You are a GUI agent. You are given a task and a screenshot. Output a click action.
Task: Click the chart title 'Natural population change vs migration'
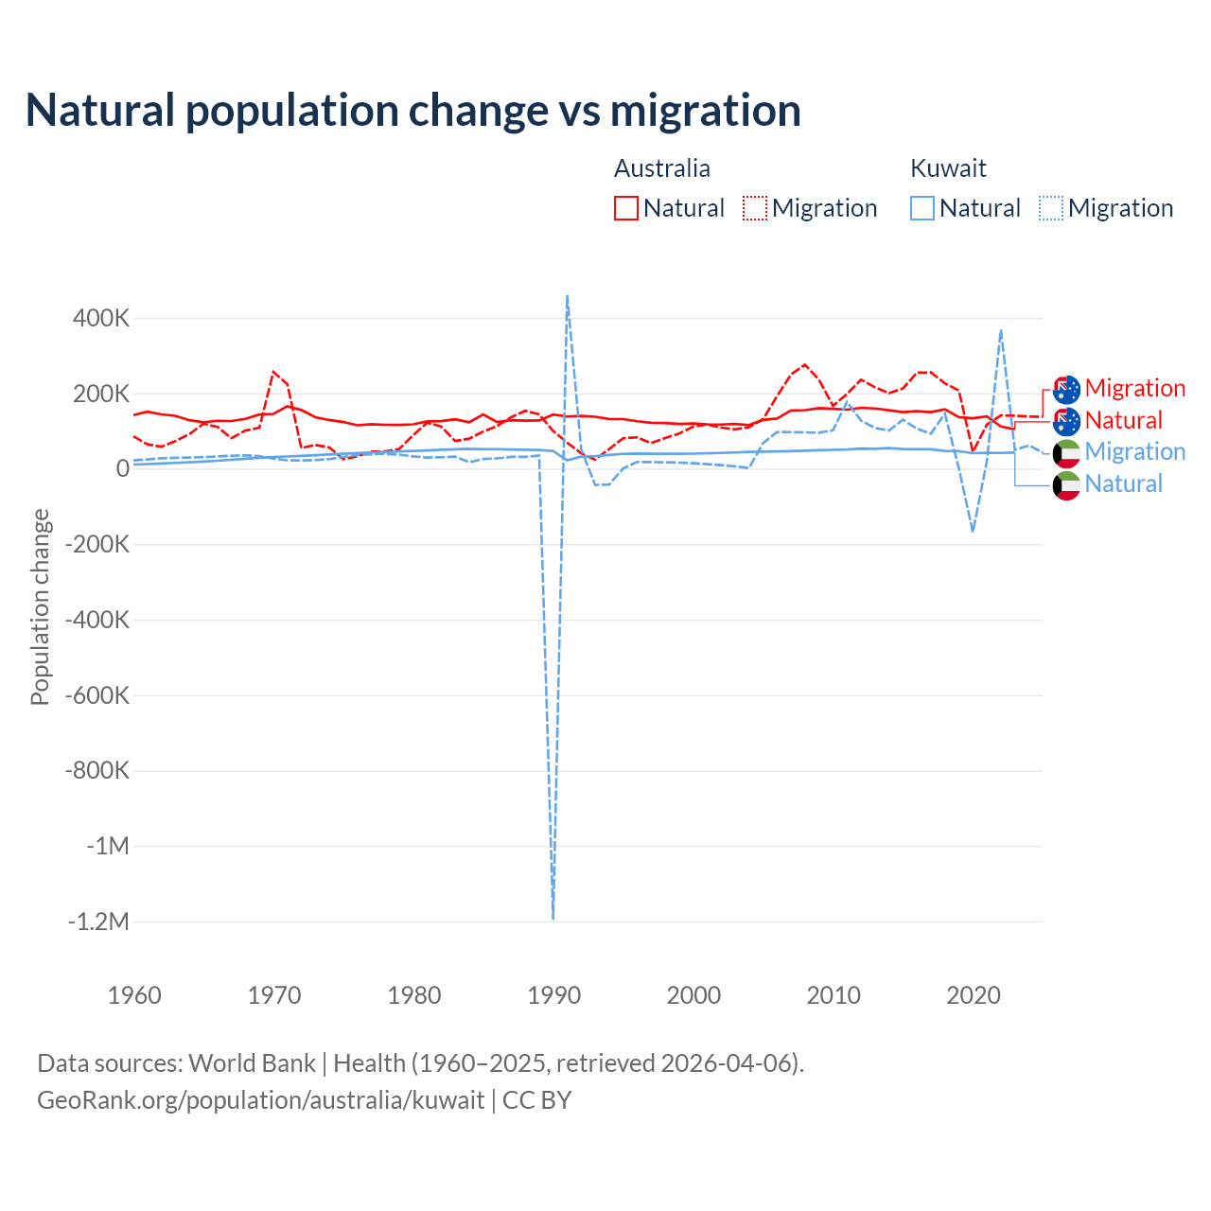point(413,111)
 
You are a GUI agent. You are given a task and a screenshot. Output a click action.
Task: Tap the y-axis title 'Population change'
point(40,606)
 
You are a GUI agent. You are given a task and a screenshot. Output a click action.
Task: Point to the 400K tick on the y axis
point(101,318)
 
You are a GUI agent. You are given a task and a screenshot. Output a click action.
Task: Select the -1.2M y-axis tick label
point(97,921)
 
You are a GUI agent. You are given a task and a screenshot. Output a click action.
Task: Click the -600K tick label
point(97,695)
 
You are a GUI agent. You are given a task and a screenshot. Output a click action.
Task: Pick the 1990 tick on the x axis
point(553,995)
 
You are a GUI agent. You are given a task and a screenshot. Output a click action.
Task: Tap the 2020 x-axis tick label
point(974,995)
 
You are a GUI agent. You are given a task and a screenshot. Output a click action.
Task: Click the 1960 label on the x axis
point(134,995)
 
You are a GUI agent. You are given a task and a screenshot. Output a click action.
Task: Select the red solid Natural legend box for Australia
point(626,208)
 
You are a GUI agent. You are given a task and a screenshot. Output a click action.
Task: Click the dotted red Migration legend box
point(755,208)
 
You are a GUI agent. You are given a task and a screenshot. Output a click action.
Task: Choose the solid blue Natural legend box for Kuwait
point(922,208)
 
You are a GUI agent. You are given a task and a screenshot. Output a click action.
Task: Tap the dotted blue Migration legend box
point(1051,208)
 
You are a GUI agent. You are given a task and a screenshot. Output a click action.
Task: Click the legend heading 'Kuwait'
point(948,168)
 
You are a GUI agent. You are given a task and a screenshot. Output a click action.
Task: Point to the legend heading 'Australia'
point(662,168)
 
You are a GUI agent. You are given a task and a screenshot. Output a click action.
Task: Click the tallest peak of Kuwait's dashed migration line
point(567,295)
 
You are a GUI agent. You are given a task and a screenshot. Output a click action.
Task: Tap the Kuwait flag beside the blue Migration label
point(1066,452)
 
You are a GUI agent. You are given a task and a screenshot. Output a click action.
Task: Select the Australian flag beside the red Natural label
point(1066,421)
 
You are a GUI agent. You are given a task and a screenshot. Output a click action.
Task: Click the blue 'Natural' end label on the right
point(1124,484)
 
